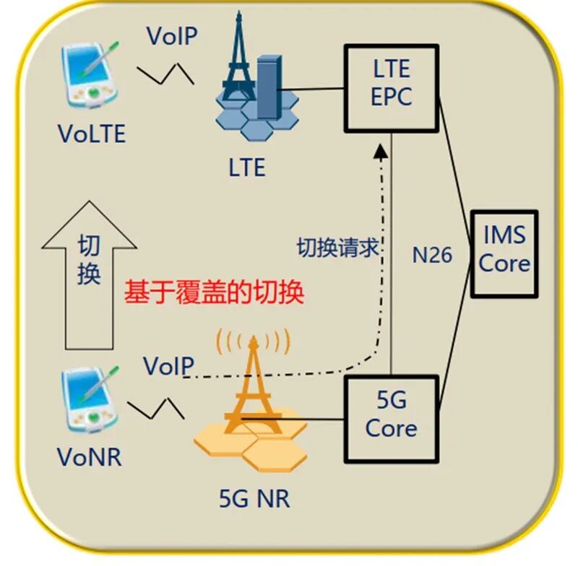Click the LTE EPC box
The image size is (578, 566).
tap(391, 88)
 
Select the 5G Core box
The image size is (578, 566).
tap(391, 419)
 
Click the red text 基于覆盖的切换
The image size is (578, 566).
tap(214, 293)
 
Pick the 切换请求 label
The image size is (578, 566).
tap(338, 248)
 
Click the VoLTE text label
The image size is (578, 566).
tap(92, 134)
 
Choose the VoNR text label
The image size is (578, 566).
tap(89, 458)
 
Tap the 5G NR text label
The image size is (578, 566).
tap(254, 499)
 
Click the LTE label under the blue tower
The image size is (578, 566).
tap(247, 169)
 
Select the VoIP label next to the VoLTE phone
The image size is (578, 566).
tap(172, 36)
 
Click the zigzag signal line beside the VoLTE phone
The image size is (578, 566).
tap(165, 73)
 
